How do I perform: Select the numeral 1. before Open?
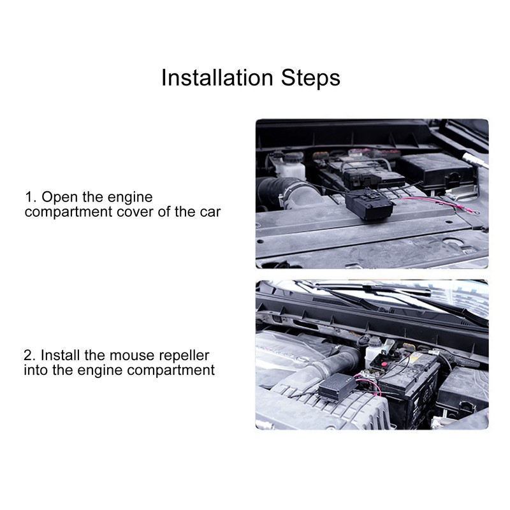29,198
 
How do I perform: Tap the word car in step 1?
209,212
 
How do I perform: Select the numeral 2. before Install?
29,355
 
